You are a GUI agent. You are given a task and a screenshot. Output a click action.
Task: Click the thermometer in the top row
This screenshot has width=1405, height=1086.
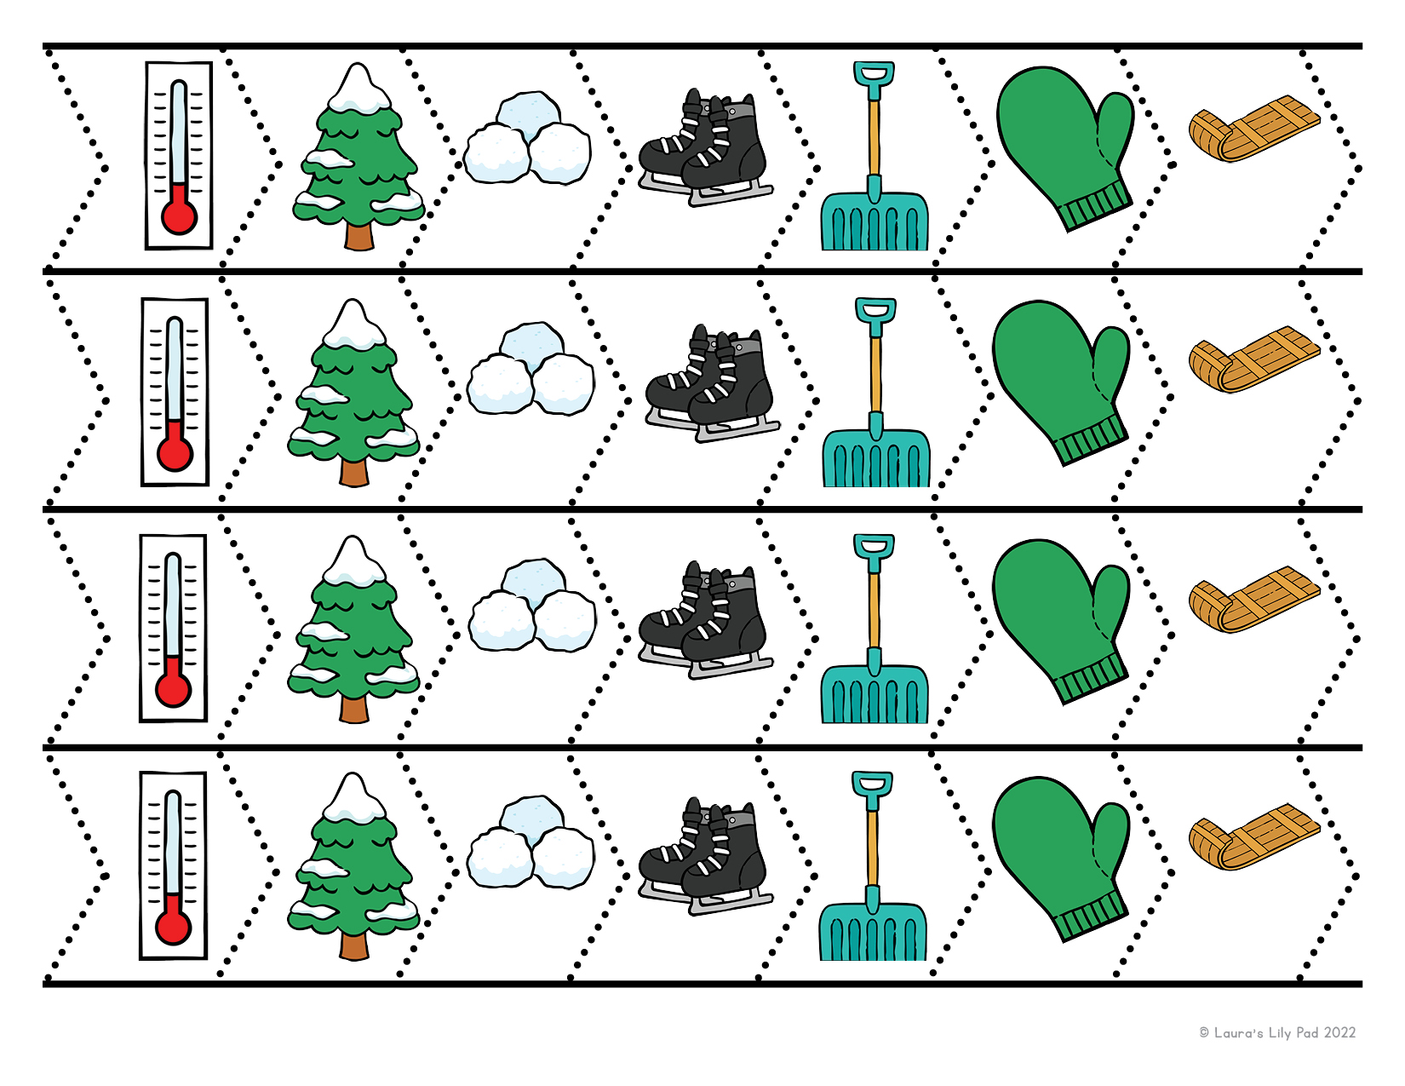pos(179,155)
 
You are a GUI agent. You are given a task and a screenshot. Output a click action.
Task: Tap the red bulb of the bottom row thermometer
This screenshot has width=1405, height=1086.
pos(173,927)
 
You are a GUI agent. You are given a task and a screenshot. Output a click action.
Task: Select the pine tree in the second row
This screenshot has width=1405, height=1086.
pos(353,393)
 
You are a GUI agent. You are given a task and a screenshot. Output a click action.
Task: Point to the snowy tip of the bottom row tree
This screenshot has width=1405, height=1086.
pos(353,797)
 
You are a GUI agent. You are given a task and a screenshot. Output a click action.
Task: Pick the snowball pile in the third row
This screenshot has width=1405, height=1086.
pos(532,606)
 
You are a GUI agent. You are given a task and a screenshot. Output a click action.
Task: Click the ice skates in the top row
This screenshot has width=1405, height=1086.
pos(705,147)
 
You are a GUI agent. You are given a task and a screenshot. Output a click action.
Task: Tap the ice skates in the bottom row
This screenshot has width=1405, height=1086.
pos(705,856)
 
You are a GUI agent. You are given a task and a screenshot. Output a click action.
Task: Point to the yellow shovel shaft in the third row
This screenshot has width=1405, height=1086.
pos(875,611)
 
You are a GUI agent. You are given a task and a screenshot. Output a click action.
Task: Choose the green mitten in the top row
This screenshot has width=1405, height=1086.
pos(1065,148)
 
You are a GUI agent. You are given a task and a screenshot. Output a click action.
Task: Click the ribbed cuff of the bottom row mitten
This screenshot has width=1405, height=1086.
pos(1092,918)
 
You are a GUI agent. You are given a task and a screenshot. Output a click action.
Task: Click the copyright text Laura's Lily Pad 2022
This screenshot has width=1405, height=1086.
pos(1277,1033)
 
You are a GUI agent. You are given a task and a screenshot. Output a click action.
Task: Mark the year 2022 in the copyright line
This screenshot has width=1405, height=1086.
pos(1339,1033)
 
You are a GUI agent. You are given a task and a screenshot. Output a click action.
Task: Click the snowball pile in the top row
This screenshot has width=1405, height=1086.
pos(527,138)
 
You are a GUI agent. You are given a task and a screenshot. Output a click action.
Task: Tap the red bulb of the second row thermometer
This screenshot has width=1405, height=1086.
pos(175,453)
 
